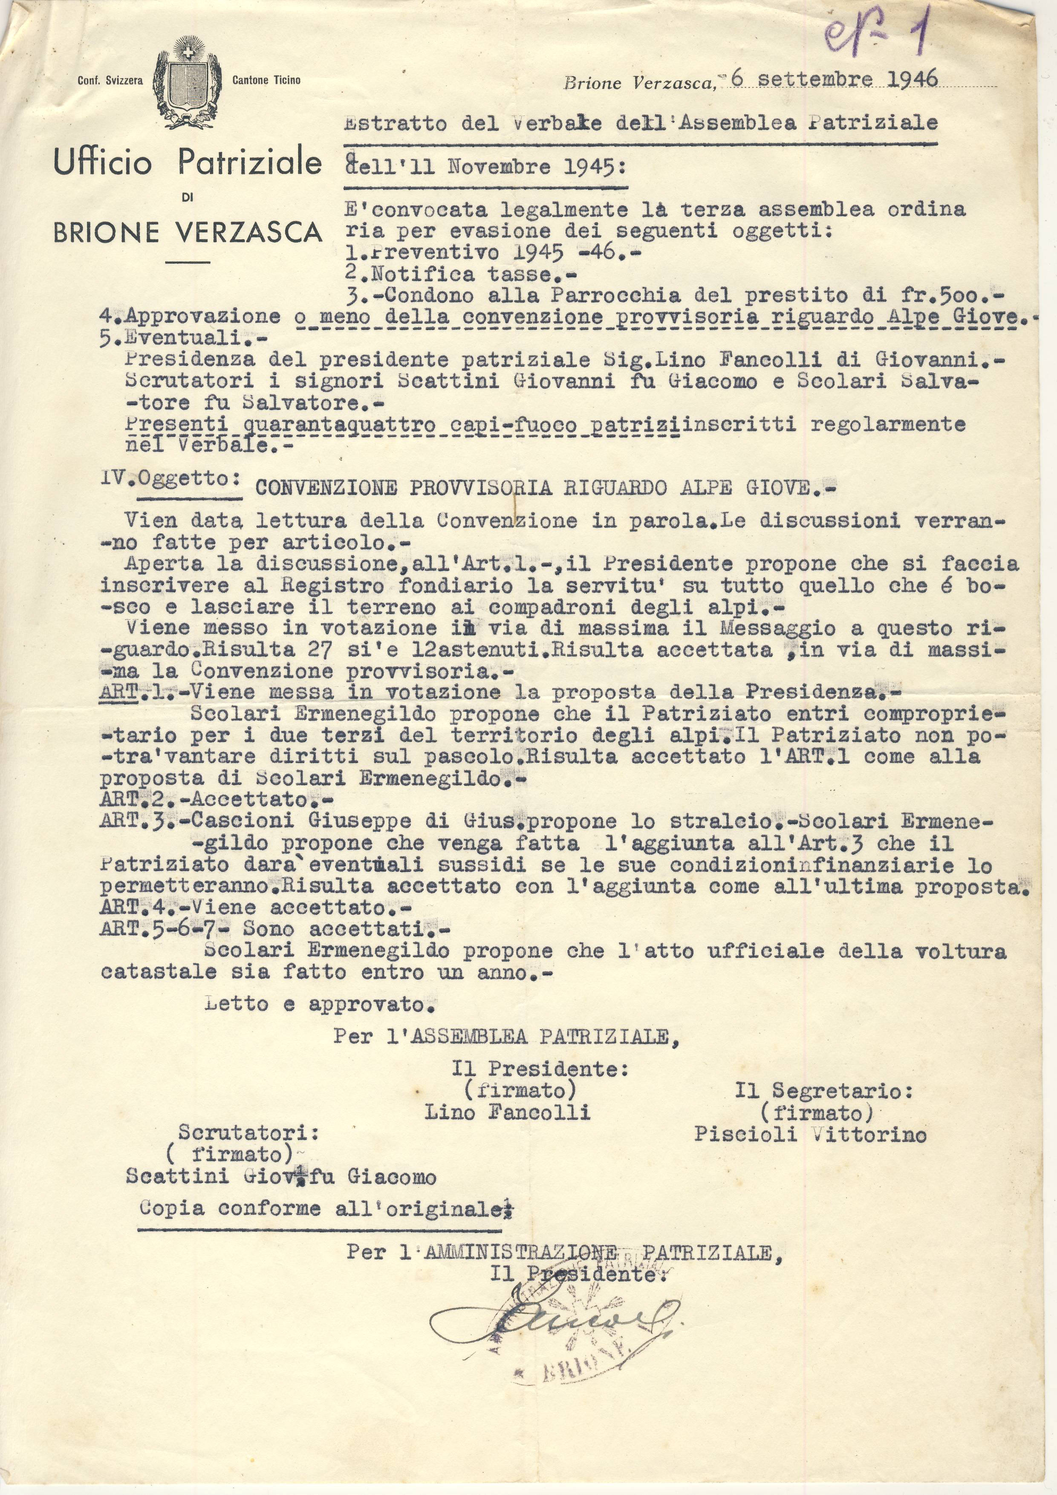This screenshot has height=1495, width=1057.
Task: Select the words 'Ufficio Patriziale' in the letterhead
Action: (188, 163)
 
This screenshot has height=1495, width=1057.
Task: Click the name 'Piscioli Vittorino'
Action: (810, 1134)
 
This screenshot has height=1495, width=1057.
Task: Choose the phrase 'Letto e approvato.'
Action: (318, 1003)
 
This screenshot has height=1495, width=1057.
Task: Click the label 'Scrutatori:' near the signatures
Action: (248, 1133)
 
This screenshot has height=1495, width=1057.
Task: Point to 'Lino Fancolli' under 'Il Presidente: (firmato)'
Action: (507, 1111)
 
